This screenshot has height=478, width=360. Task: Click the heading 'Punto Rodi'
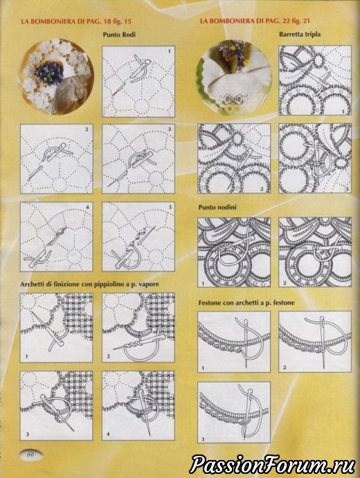pyautogui.click(x=119, y=35)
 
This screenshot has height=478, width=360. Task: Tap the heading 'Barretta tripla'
pyautogui.click(x=300, y=34)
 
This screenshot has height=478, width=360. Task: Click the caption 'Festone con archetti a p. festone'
pyautogui.click(x=246, y=303)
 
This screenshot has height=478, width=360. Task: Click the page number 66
pyautogui.click(x=30, y=454)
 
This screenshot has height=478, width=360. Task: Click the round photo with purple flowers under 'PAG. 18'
pyautogui.click(x=56, y=76)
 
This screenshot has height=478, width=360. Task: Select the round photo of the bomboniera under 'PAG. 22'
pyautogui.click(x=234, y=78)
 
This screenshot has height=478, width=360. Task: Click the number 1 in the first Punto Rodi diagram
pyautogui.click(x=170, y=51)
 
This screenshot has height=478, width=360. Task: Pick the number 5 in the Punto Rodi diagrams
pyautogui.click(x=170, y=207)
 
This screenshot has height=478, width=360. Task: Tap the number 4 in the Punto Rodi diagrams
pyautogui.click(x=87, y=207)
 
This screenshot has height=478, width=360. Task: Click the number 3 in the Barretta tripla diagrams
pyautogui.click(x=347, y=189)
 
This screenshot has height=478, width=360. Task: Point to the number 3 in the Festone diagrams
pyautogui.click(x=203, y=439)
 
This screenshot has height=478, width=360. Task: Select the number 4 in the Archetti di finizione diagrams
pyautogui.click(x=108, y=434)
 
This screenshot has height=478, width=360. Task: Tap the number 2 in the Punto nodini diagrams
pyautogui.click(x=285, y=283)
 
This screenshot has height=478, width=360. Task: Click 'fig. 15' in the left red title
pyautogui.click(x=121, y=21)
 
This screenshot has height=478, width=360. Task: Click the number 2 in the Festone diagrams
pyautogui.click(x=285, y=367)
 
